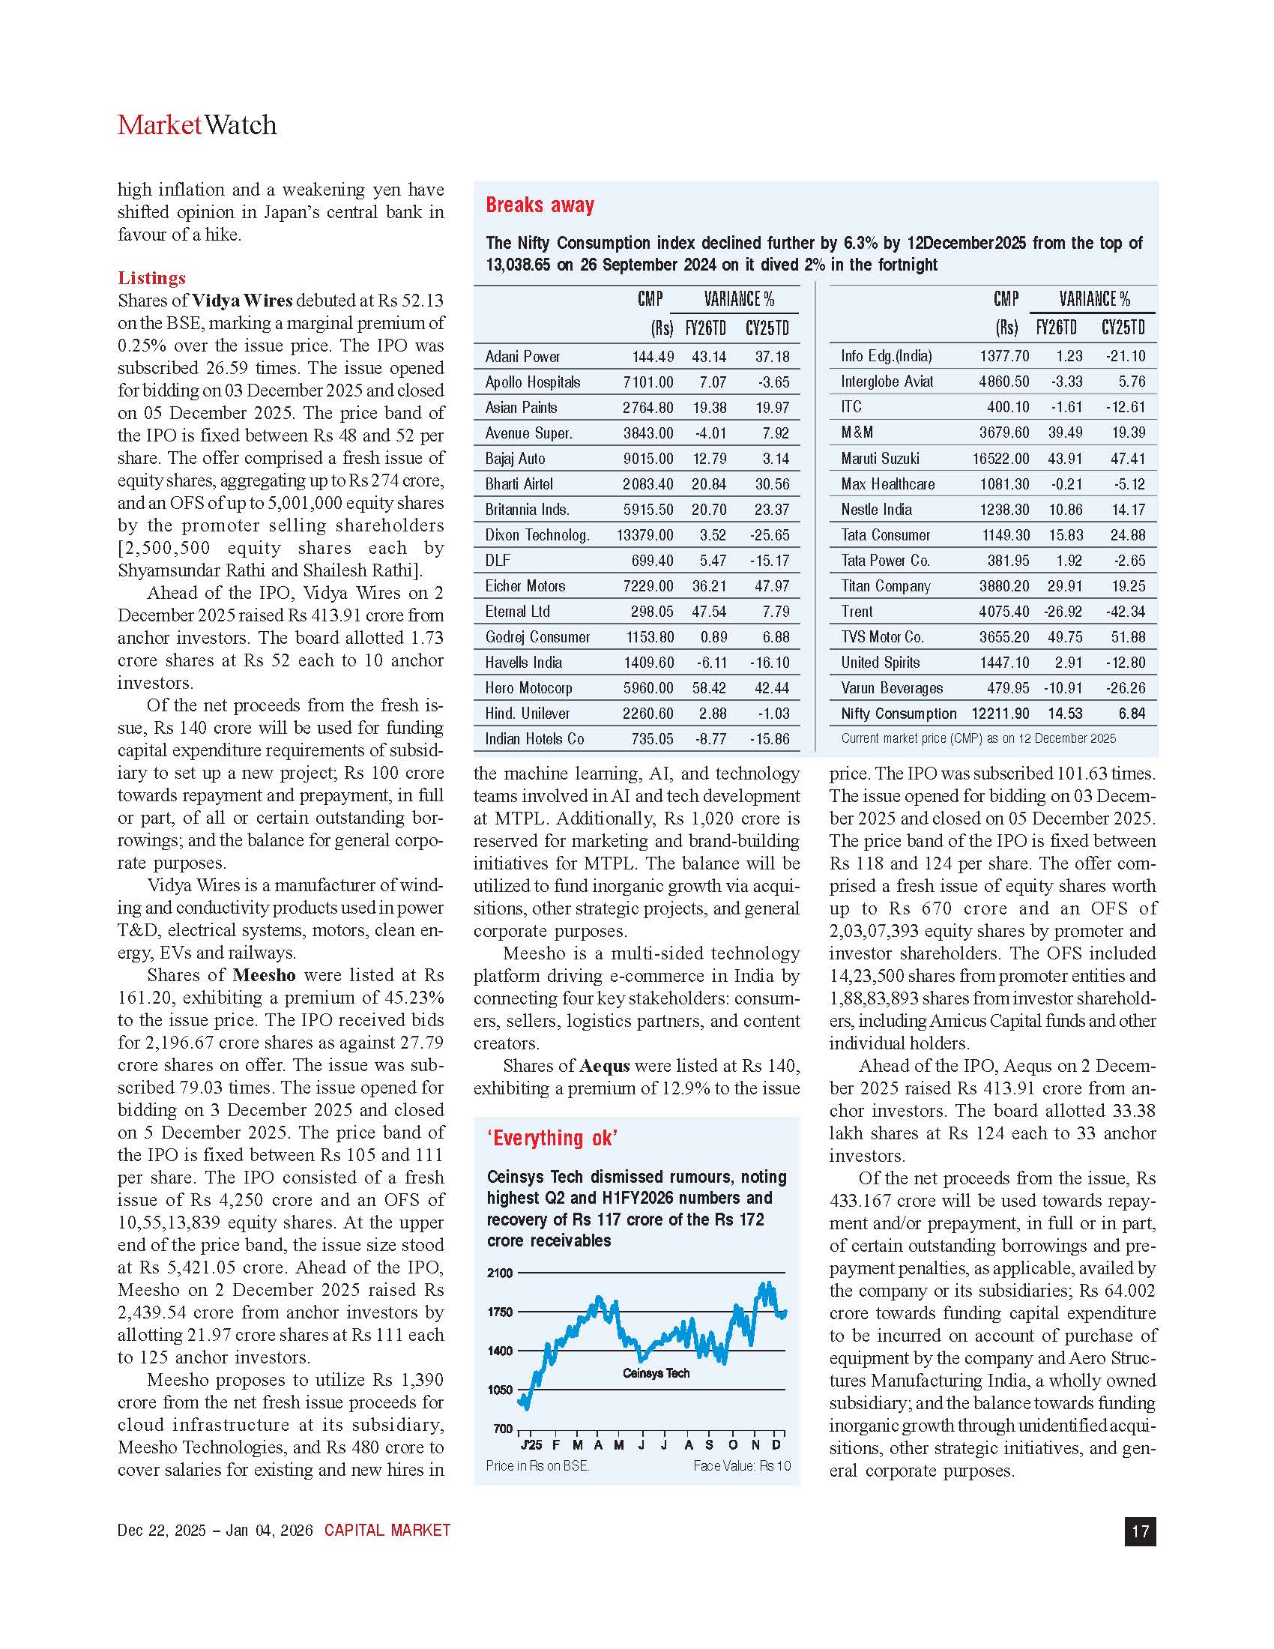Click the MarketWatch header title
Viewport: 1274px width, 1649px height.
click(197, 125)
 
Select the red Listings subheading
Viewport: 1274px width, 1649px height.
click(151, 278)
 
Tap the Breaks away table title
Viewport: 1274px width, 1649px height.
click(540, 205)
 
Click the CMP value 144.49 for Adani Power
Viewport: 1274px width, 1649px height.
click(653, 356)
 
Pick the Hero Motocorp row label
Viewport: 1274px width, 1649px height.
click(528, 688)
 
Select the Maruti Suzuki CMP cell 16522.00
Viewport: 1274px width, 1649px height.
click(1000, 458)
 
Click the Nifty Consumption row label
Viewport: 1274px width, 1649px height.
click(898, 714)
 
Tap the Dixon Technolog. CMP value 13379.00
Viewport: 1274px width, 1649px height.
click(644, 535)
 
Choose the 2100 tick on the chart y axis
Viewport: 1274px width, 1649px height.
click(500, 1273)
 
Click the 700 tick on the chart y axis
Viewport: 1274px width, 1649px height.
click(503, 1429)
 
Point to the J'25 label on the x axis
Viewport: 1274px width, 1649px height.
click(531, 1445)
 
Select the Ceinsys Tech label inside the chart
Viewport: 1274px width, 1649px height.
click(656, 1373)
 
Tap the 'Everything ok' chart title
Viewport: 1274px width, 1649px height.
click(552, 1138)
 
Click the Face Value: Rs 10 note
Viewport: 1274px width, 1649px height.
click(741, 1465)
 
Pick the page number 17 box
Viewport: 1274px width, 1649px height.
click(1140, 1531)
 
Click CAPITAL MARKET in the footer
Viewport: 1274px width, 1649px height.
click(387, 1531)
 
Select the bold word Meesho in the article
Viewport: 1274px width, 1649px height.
click(264, 974)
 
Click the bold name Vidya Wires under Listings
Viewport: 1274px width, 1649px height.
click(241, 301)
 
